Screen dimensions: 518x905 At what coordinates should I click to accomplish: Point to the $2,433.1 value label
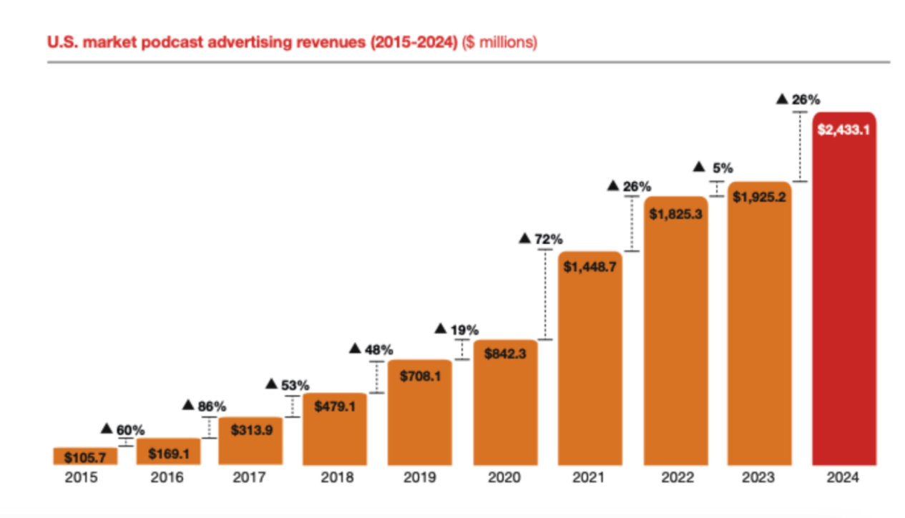[x=844, y=130]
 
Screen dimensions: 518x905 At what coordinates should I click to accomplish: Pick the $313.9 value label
[x=250, y=430]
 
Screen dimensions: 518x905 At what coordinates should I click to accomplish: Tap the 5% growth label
[x=723, y=168]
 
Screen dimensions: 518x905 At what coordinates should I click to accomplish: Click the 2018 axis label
[x=335, y=477]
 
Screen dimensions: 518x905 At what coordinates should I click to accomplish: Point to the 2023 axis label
[x=759, y=477]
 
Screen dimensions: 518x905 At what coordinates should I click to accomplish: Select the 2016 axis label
[x=166, y=477]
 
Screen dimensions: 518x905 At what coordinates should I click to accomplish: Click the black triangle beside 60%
[x=107, y=429]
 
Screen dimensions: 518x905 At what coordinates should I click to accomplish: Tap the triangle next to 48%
[x=356, y=348]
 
